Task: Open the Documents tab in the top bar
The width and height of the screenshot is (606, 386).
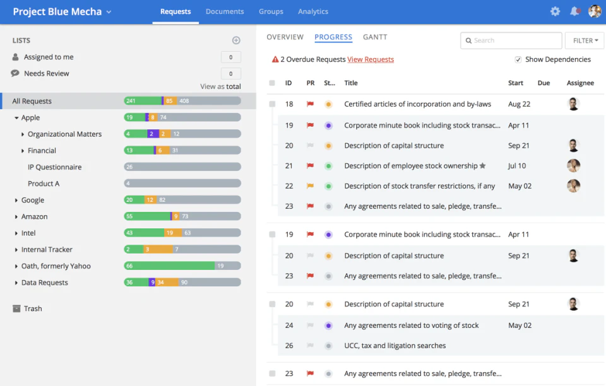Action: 225,11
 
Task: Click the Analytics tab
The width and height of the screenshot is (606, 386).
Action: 313,11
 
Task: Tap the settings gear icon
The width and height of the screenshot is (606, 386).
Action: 555,11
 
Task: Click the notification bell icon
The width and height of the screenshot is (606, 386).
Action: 574,11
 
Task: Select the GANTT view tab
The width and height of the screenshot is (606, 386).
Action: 375,37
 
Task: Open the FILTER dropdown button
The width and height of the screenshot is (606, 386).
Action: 585,40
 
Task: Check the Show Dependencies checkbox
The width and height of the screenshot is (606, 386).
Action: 518,59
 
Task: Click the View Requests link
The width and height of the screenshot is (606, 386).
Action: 371,59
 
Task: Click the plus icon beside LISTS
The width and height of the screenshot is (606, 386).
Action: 236,40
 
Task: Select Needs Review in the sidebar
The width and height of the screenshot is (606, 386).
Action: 46,73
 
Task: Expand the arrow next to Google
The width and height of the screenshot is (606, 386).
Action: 16,200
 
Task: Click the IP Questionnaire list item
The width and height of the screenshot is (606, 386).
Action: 54,167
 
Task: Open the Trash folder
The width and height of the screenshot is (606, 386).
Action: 32,308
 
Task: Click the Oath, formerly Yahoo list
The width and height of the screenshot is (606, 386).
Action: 56,266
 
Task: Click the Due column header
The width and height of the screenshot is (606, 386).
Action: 544,83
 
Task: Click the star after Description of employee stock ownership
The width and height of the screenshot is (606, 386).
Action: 483,166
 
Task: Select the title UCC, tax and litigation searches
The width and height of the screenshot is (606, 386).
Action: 395,346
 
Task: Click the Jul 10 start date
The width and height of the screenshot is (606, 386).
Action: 517,166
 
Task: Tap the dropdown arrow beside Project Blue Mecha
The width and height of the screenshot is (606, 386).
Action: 109,12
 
